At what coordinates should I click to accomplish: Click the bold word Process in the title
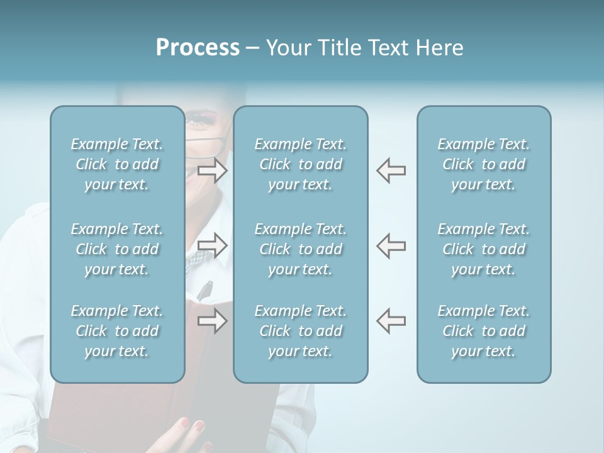[198, 48]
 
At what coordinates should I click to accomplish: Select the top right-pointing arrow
[213, 171]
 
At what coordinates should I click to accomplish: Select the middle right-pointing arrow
[213, 245]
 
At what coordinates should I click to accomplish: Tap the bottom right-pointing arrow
[213, 321]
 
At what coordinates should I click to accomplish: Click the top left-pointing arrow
[391, 171]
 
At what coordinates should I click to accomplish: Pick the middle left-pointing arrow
[391, 245]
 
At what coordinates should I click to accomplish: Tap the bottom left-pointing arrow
[391, 321]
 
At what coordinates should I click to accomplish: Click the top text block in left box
[117, 164]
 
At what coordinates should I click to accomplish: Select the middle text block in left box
[117, 249]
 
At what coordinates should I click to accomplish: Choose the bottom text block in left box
[117, 331]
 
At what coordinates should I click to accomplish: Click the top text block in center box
[300, 164]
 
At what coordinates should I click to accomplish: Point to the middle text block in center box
[300, 249]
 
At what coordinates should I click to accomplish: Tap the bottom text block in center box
[300, 331]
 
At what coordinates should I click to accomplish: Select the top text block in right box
[483, 164]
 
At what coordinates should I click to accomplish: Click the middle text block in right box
[483, 249]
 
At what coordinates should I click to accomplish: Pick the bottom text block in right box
[483, 331]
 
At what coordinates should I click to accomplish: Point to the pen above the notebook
[205, 290]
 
